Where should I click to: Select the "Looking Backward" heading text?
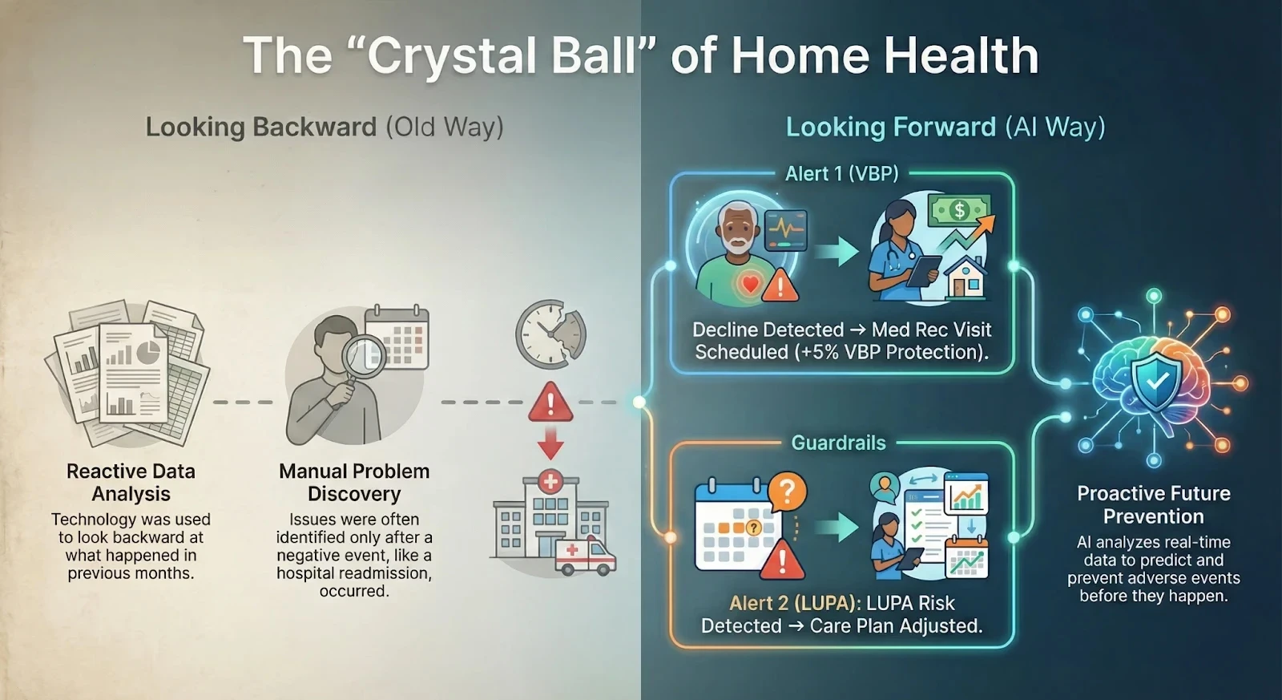point(261,127)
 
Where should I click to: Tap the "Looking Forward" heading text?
point(891,127)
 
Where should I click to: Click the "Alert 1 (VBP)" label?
point(841,174)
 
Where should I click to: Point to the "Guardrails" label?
point(838,443)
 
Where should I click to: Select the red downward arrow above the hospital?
point(550,442)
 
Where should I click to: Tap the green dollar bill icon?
point(959,211)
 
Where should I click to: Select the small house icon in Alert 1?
point(966,277)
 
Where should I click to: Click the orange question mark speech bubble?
point(787,491)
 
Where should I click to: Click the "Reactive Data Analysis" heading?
point(131,482)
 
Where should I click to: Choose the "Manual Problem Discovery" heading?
point(354,482)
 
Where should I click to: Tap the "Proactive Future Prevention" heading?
point(1153,504)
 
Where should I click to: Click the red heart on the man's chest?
point(750,283)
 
